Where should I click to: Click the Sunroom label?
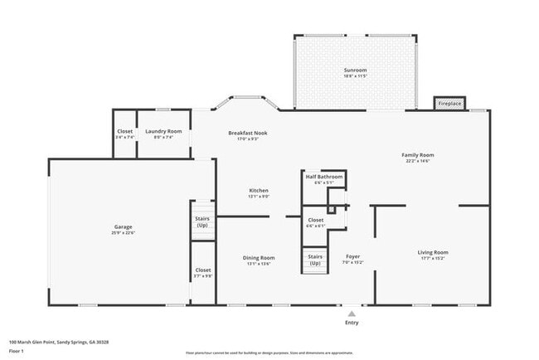coord(355,71)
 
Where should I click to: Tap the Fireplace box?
coord(450,104)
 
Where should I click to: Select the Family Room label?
coord(418,155)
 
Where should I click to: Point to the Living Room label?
coord(432,252)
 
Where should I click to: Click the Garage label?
coord(123,226)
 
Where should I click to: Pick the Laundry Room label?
coord(163,131)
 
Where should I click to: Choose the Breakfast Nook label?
coord(248,133)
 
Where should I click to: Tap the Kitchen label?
coord(259,190)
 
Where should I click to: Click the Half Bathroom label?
coord(323,177)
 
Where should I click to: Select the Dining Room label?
coord(259,258)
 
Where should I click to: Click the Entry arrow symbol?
coord(352,314)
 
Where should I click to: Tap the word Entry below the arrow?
coord(352,323)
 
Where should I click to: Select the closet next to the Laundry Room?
coord(124,131)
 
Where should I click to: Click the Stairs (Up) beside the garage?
coord(202,222)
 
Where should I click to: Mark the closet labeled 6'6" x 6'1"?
coord(315,220)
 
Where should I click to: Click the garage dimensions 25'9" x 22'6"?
coord(123,232)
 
